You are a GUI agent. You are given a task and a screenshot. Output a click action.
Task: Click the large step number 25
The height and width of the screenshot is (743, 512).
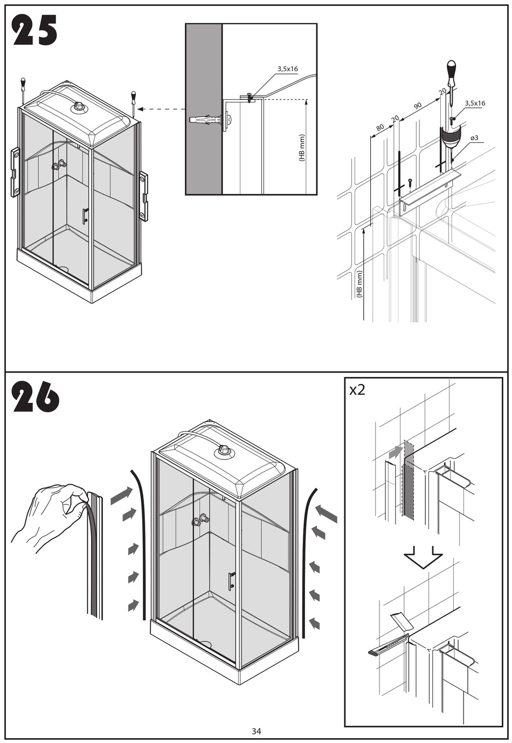click(x=35, y=31)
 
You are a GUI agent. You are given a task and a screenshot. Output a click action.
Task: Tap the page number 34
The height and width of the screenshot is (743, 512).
click(x=256, y=731)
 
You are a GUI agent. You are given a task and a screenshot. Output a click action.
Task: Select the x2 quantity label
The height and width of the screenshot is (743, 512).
click(x=357, y=390)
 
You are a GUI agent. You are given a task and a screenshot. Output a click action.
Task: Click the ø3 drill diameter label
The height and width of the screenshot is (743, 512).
click(x=474, y=138)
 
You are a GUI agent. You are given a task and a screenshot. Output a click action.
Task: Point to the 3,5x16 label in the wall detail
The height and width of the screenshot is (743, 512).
click(x=287, y=69)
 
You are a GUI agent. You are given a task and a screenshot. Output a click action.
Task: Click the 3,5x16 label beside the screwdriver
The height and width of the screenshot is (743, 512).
click(x=475, y=103)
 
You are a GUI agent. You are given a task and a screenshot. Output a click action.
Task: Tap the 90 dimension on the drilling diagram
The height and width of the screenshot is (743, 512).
click(x=418, y=106)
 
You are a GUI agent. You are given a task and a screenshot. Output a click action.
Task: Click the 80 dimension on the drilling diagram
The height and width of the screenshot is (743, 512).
click(x=379, y=128)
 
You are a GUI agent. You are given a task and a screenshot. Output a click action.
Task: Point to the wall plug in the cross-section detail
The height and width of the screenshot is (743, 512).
click(x=205, y=120)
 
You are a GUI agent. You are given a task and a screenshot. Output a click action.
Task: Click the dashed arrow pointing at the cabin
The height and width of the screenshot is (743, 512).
click(x=162, y=109)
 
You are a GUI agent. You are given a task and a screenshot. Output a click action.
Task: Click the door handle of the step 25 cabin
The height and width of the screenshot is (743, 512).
click(x=85, y=216)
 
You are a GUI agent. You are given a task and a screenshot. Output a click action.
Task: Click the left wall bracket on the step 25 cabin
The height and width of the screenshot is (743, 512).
click(x=15, y=173)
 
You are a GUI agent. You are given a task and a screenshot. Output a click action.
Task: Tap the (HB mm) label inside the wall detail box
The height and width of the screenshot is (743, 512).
click(x=302, y=148)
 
